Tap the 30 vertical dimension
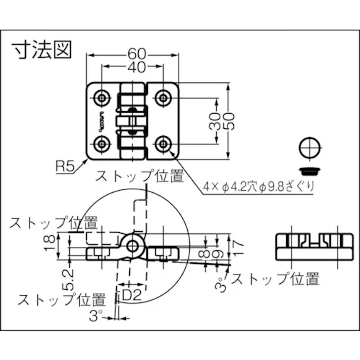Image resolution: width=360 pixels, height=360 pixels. point(215,120)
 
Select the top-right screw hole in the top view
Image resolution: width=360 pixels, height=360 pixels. point(163,97)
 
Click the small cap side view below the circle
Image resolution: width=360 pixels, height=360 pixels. point(310,168)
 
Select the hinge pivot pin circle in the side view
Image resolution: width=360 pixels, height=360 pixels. point(132,246)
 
